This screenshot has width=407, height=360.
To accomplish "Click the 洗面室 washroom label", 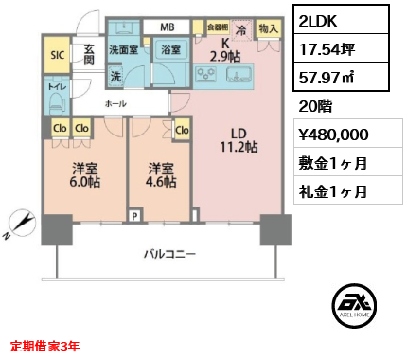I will (123, 49).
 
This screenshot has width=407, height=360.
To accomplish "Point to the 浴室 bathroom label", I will (170, 49).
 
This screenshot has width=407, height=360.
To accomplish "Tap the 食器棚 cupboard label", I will (217, 27).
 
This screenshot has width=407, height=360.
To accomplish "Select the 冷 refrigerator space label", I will (242, 28).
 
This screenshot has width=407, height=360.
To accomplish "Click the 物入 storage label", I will (268, 28).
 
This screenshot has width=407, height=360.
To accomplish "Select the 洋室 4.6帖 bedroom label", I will (160, 175).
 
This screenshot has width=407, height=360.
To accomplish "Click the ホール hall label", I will (115, 103).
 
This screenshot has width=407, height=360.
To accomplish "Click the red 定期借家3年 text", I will (45, 346).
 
